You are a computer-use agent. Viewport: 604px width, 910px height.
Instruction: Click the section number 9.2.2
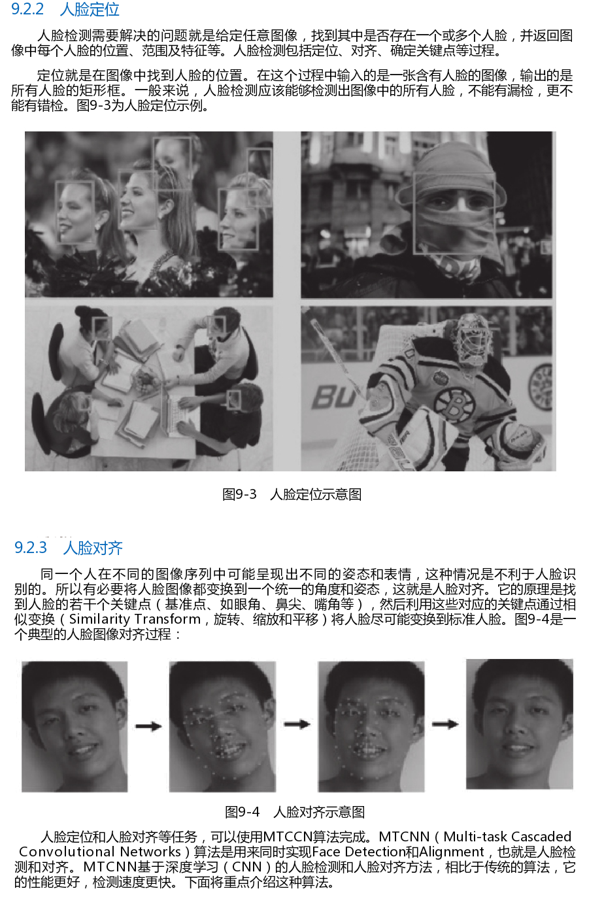click(27, 9)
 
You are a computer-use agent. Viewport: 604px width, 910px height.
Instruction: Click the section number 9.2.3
click(31, 548)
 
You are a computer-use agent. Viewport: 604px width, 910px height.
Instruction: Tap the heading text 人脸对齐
click(93, 548)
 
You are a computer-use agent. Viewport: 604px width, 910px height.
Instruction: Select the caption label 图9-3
click(239, 494)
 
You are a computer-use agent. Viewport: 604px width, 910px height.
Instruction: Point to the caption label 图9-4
click(242, 812)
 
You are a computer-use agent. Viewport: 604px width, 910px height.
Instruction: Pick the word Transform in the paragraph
click(167, 619)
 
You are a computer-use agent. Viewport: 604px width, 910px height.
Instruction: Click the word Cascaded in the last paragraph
click(541, 837)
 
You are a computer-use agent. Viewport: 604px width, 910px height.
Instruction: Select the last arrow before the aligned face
click(445, 724)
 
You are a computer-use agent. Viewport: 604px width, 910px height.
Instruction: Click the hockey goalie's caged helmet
click(472, 341)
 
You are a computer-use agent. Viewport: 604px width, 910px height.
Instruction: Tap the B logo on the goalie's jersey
click(454, 403)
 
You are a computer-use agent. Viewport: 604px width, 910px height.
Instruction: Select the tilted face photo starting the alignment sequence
click(75, 726)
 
